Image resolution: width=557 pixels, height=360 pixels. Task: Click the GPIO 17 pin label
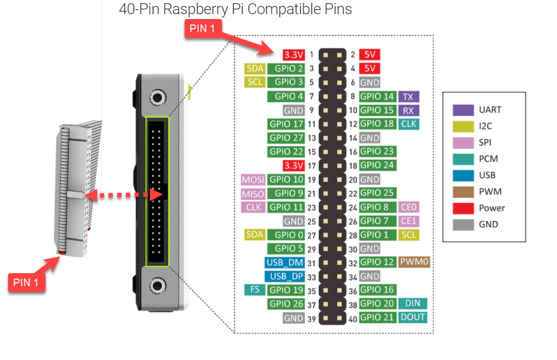pyautogui.click(x=287, y=124)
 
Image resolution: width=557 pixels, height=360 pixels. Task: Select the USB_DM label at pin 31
pyautogui.click(x=284, y=262)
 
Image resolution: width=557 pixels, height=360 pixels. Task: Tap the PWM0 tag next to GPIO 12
pyautogui.click(x=415, y=262)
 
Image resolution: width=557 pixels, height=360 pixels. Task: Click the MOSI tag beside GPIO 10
pyautogui.click(x=253, y=180)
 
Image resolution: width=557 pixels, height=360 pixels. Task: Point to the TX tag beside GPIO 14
pyautogui.click(x=409, y=97)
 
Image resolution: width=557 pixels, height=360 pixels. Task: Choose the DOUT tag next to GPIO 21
pyautogui.click(x=413, y=318)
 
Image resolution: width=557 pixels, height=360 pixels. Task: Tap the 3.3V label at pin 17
pyautogui.click(x=293, y=165)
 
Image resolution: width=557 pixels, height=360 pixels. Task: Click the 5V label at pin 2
pyautogui.click(x=369, y=55)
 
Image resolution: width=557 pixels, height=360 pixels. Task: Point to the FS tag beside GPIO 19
pyautogui.click(x=254, y=290)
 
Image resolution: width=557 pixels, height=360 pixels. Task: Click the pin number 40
pyautogui.click(x=352, y=319)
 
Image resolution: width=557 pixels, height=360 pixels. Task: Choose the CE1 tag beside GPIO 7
pyautogui.click(x=409, y=221)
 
